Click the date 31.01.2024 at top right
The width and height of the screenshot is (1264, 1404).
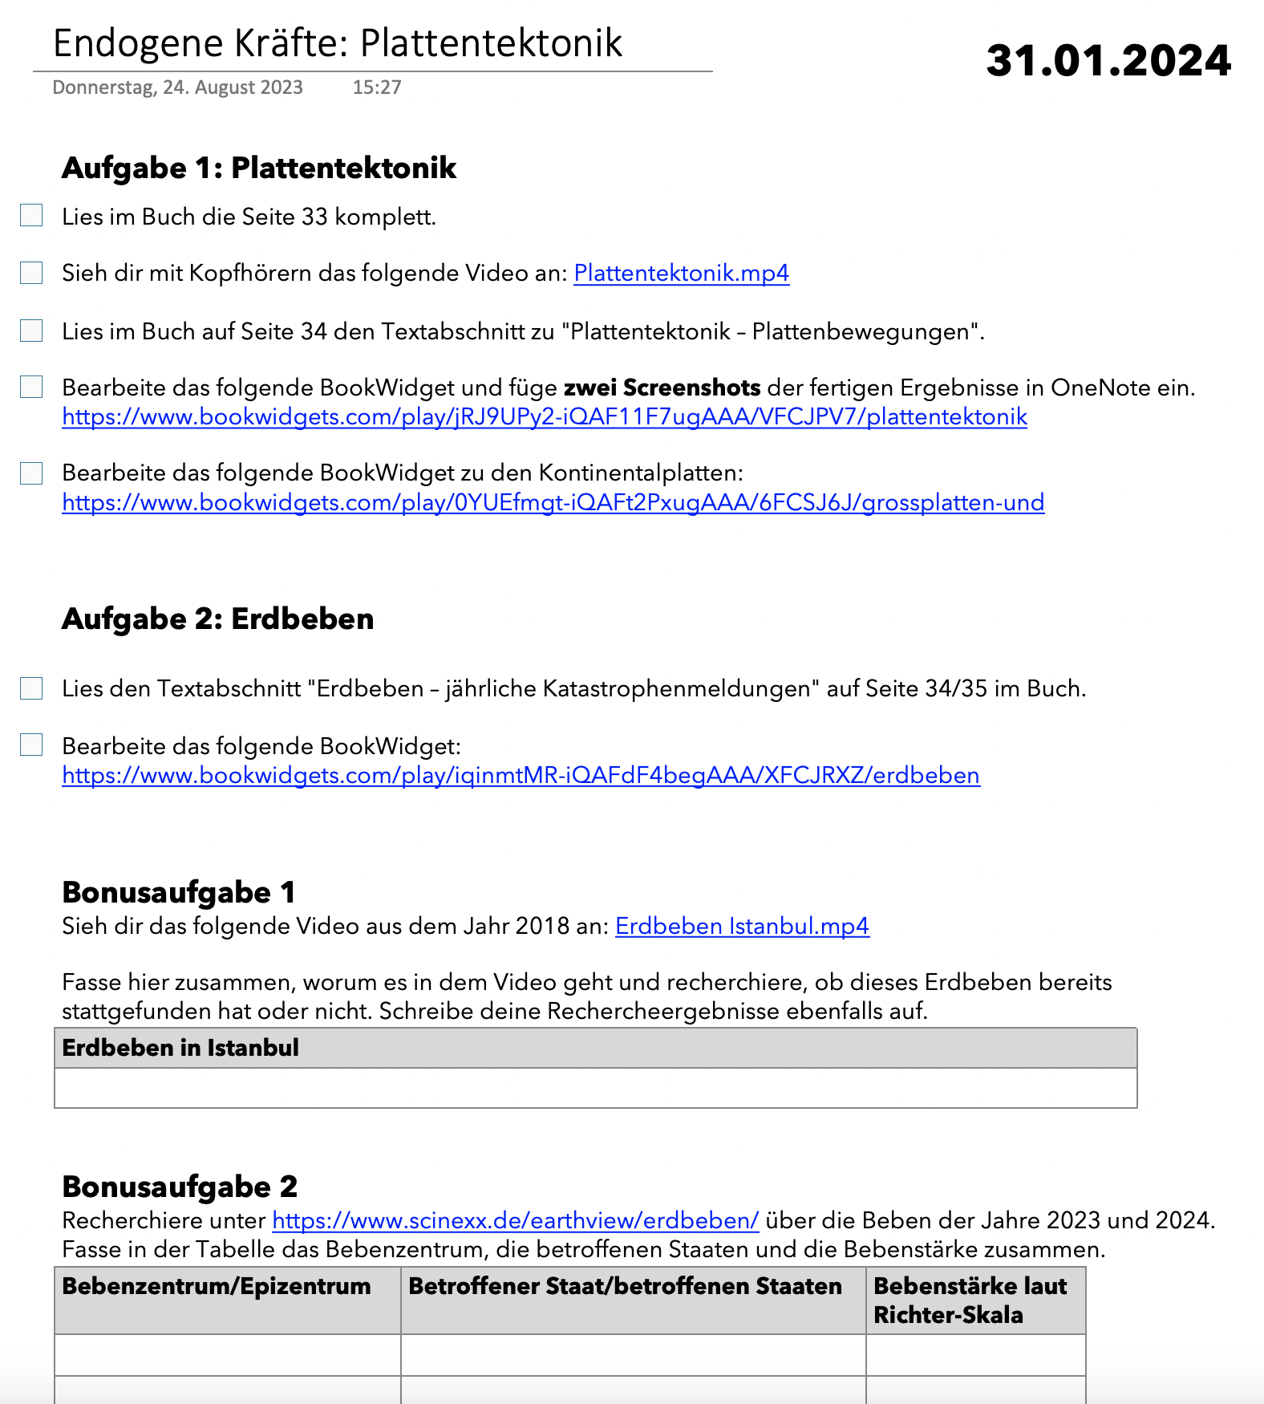1108,61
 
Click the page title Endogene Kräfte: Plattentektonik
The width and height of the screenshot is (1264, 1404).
337,43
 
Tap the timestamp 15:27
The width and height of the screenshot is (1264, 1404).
376,87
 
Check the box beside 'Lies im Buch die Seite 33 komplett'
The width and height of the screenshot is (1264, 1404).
31,215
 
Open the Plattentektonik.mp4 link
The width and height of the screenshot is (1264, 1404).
681,274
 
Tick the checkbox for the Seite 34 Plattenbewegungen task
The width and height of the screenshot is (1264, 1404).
31,331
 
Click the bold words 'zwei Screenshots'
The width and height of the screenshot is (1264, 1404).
662,388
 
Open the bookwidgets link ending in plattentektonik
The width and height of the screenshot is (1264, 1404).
544,417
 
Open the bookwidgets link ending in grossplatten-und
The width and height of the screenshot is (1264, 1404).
553,503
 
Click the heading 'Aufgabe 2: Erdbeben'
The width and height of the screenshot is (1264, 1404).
217,619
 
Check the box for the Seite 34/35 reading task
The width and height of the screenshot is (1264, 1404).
31,688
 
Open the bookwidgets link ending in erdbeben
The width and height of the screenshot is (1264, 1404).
521,776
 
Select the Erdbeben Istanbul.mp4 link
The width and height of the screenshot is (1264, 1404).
742,927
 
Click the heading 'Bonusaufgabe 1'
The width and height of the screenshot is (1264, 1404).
178,892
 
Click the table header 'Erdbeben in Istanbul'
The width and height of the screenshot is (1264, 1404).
180,1048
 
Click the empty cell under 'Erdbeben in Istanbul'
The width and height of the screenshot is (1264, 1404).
595,1088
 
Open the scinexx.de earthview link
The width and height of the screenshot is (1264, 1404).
515,1221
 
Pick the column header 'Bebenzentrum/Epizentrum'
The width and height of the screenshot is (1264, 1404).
217,1286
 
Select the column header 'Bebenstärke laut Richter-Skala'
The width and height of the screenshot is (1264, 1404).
970,1300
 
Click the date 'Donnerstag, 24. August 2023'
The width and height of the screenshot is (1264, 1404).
177,87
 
